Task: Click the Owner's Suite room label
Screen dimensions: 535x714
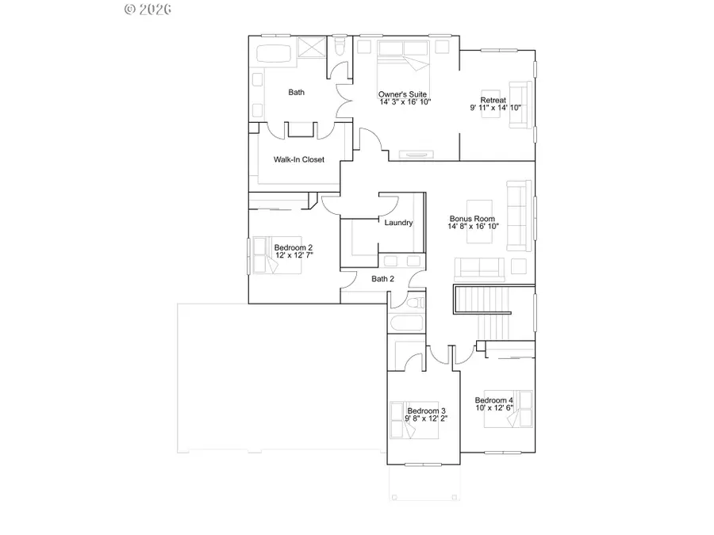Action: pyautogui.click(x=404, y=95)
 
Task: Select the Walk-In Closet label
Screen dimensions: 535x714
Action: pyautogui.click(x=299, y=159)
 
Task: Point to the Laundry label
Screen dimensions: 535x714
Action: pyautogui.click(x=398, y=223)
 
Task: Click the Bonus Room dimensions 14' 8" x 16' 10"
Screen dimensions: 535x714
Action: pyautogui.click(x=473, y=226)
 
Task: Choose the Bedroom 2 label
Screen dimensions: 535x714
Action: pyautogui.click(x=293, y=247)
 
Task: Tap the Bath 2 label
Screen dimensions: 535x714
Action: pyautogui.click(x=383, y=278)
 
